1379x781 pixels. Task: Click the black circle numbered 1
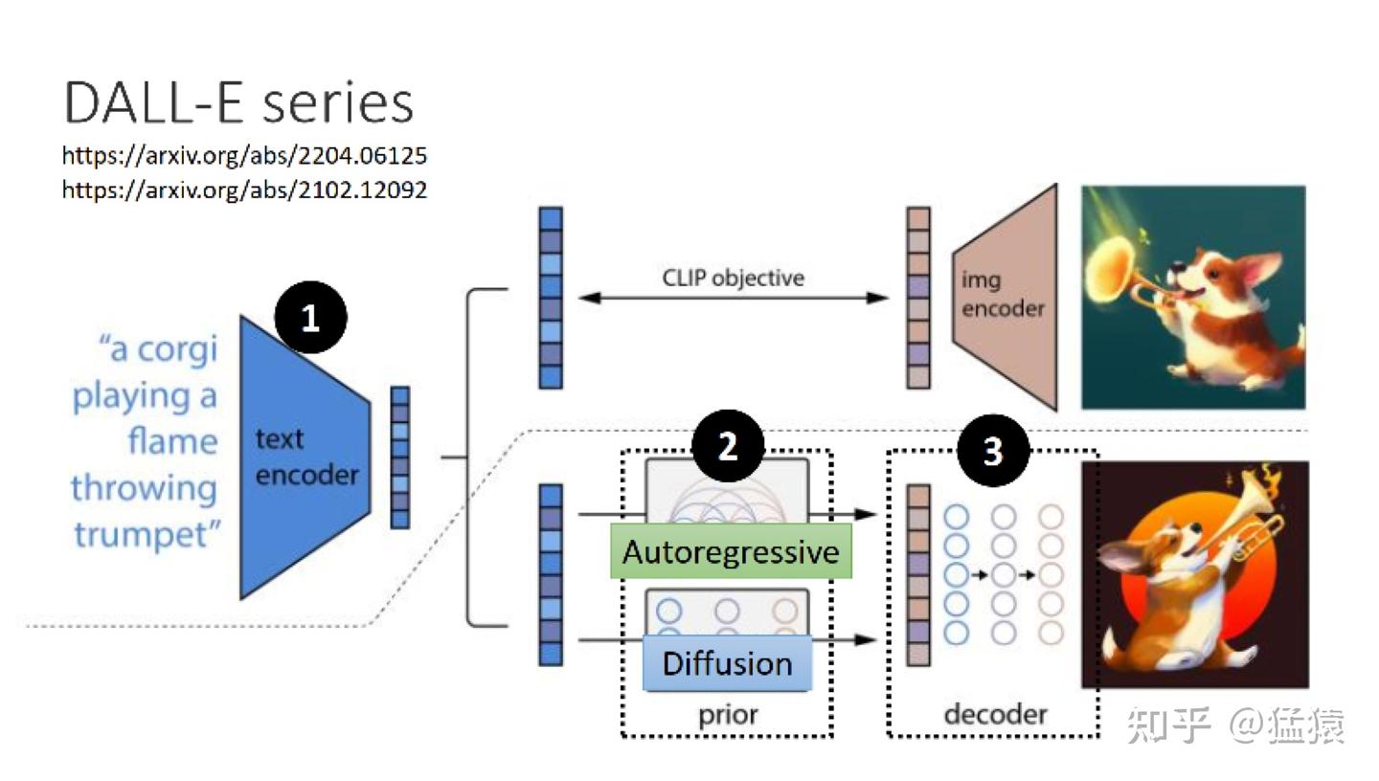pos(310,318)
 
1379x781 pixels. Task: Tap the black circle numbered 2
pos(728,446)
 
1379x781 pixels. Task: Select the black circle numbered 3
pos(993,450)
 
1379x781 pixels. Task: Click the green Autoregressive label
pos(731,551)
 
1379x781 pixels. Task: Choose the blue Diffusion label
pos(727,663)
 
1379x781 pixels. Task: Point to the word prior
pos(727,714)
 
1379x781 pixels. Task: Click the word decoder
pos(995,714)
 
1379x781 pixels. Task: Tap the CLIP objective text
pos(733,278)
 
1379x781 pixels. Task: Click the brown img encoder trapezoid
pos(1006,297)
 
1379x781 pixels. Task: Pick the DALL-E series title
pos(238,102)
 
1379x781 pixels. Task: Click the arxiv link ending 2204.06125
pos(244,155)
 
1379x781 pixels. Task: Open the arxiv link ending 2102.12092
pos(244,190)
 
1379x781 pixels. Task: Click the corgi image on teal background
pos(1193,297)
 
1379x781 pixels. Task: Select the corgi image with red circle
pos(1193,574)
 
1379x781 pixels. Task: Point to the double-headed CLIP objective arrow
pos(733,298)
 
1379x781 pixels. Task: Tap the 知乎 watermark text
pos(1168,725)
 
